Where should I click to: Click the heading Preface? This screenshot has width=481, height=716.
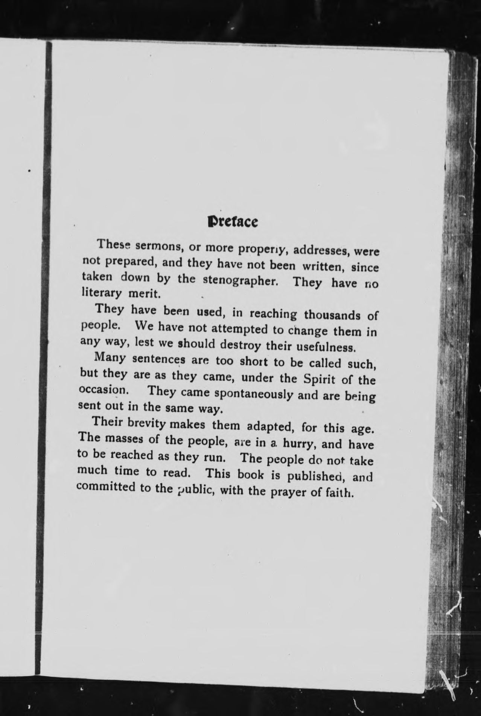pos(233,222)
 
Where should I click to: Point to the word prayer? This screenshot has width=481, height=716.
pos(288,492)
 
